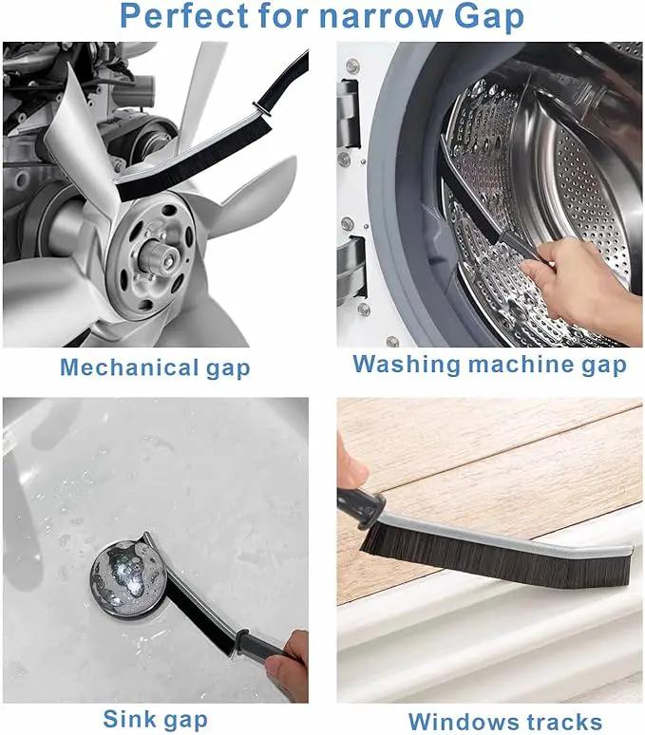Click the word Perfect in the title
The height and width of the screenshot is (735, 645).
coord(183,15)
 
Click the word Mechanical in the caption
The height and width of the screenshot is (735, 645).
coord(129,367)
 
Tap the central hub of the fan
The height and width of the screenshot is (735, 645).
coord(152,255)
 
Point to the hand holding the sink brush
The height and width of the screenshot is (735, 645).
coord(287,666)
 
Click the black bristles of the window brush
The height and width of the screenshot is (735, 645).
coord(497,561)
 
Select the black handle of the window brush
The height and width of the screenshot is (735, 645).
coord(361,506)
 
